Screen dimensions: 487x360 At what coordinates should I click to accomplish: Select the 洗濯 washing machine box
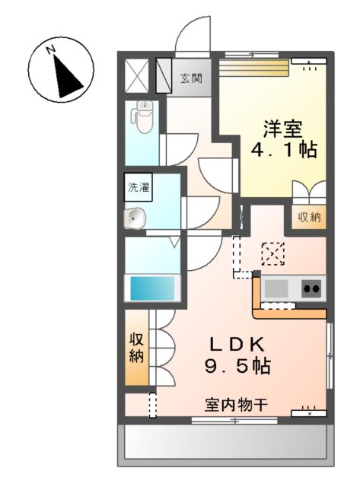click(139, 187)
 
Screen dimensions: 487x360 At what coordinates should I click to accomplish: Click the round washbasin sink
click(135, 219)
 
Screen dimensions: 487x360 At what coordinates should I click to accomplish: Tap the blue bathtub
click(153, 288)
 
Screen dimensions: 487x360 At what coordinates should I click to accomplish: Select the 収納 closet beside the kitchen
click(309, 217)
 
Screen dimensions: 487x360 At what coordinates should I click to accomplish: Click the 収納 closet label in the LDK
click(136, 347)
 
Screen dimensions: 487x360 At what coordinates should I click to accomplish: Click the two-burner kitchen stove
click(312, 288)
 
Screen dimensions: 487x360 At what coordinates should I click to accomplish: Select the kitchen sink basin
click(276, 288)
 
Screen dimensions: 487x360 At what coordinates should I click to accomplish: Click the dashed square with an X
click(272, 252)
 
